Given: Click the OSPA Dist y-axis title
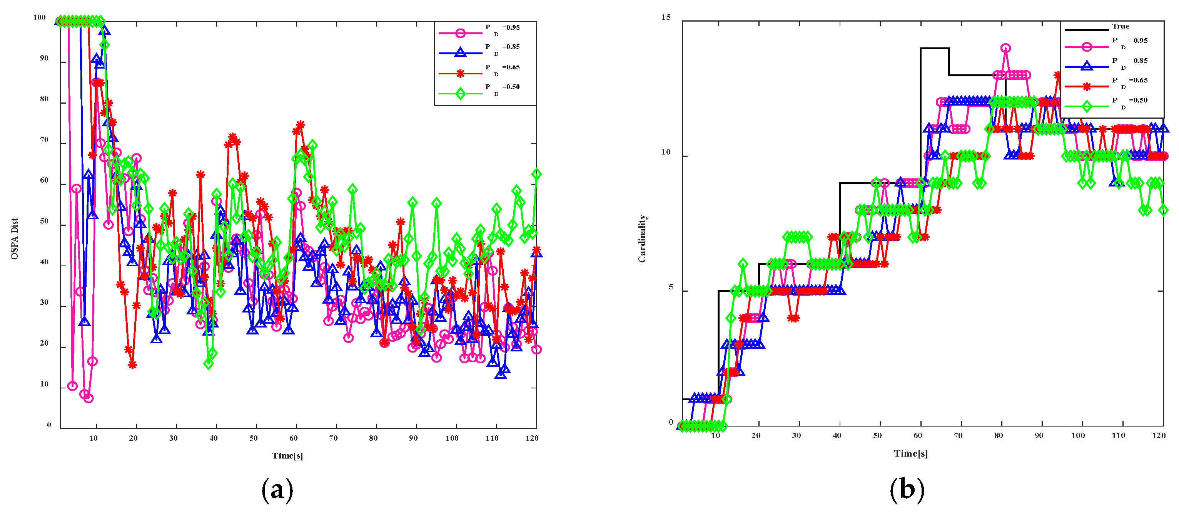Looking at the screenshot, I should tap(15, 239).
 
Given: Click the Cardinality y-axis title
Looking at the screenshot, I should tap(642, 239).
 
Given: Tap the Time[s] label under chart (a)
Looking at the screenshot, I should tap(287, 455).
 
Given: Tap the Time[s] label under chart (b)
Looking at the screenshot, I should tap(911, 454).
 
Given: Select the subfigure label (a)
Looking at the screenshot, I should tap(277, 490).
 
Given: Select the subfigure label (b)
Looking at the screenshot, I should tap(907, 490).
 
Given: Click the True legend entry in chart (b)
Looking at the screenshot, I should tap(1121, 27).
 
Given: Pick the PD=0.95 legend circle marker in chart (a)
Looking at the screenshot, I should tap(461, 33).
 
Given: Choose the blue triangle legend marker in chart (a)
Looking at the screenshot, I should tap(461, 53).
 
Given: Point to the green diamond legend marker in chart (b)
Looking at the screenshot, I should tap(1087, 106).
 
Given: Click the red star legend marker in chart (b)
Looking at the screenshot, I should tap(1087, 86).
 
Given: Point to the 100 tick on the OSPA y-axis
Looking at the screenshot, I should tap(40, 17).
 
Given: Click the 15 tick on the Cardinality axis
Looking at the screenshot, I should tap(666, 17).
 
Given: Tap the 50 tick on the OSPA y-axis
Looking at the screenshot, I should tap(44, 221).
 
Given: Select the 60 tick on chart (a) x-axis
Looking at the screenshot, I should tap(293, 438).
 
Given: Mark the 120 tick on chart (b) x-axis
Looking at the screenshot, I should tap(1159, 436).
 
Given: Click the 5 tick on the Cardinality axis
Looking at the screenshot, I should tap(671, 287).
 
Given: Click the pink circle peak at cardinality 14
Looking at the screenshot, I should tap(1005, 48).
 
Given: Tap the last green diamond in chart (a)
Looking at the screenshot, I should tap(536, 174).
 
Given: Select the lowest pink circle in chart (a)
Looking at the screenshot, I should tap(89, 398).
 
